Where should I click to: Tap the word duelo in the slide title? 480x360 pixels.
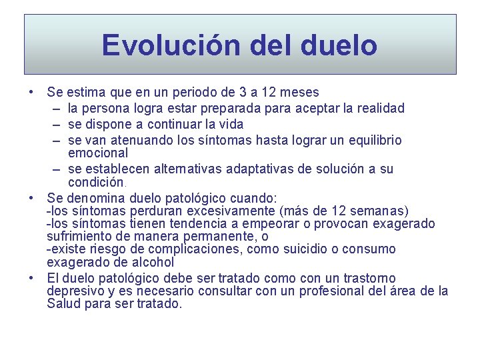tap(339, 45)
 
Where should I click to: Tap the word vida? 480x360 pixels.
tap(231, 124)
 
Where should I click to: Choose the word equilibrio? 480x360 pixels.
tap(371, 140)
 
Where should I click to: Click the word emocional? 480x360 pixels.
tap(98, 153)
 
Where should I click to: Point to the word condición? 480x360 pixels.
tap(97, 181)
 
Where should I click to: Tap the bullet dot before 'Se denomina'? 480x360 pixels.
tap(32, 199)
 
